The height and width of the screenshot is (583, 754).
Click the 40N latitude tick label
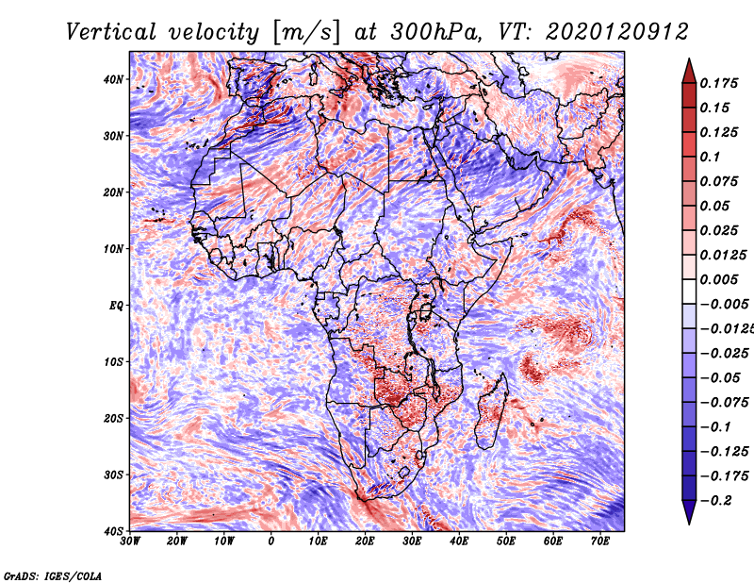pos(113,79)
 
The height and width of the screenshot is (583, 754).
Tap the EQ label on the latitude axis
pos(116,306)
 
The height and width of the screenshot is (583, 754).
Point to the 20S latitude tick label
pos(113,418)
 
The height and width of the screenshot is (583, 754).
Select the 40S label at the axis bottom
pos(113,531)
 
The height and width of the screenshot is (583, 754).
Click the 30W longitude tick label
pos(130,541)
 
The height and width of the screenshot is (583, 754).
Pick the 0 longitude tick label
pos(271,541)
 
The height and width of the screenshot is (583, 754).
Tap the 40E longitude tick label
pos(459,541)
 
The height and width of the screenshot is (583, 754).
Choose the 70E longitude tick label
pos(600,541)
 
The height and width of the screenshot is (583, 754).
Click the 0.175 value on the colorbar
pos(718,83)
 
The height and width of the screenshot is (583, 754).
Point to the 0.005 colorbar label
pos(718,279)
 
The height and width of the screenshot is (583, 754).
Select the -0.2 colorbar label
pos(715,500)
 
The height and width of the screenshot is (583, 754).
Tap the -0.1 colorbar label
pos(715,426)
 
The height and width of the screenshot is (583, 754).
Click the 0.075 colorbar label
pos(718,181)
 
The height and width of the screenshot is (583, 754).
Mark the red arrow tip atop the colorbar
pos(689,59)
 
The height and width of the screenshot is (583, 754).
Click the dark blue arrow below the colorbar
pos(689,512)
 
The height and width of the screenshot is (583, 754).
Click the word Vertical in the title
pos(111,32)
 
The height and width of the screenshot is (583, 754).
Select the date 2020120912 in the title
pos(617,32)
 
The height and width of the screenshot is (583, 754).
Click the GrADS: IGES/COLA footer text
pos(53,576)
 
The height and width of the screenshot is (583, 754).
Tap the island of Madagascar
pos(491,411)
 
